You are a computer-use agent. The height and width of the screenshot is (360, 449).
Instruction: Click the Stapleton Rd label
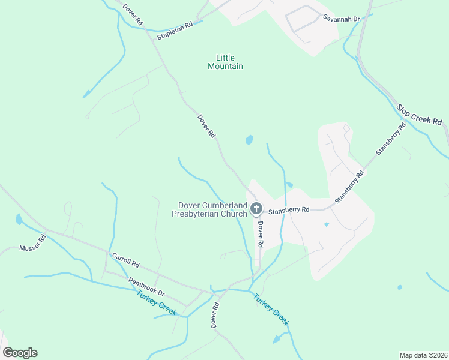pyautogui.click(x=175, y=31)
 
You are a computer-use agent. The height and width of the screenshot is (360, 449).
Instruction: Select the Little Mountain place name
pyautogui.click(x=225, y=62)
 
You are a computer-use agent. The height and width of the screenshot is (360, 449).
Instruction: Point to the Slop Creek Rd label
pyautogui.click(x=419, y=114)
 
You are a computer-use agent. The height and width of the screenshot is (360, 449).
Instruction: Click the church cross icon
pyautogui.click(x=256, y=209)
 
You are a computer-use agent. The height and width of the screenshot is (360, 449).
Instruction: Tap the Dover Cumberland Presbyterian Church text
pyautogui.click(x=209, y=209)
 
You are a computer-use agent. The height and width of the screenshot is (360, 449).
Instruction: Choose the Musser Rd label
pyautogui.click(x=32, y=243)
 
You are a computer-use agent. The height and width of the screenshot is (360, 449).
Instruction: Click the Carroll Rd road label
pyautogui.click(x=125, y=260)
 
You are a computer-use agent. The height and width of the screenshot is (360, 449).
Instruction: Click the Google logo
pyautogui.click(x=20, y=352)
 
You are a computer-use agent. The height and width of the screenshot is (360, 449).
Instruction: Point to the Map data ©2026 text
pyautogui.click(x=423, y=355)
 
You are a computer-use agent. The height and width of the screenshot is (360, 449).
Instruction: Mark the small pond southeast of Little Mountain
pyautogui.click(x=249, y=140)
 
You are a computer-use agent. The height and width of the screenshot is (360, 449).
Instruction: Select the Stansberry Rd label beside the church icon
pyautogui.click(x=289, y=210)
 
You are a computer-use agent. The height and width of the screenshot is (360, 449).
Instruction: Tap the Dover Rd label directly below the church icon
pyautogui.click(x=261, y=235)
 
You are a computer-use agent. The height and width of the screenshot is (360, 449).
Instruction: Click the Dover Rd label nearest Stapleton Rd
pyautogui.click(x=133, y=14)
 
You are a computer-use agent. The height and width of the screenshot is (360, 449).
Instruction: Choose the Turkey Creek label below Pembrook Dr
pyautogui.click(x=157, y=303)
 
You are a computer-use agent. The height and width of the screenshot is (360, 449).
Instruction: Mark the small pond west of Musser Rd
pyautogui.click(x=19, y=220)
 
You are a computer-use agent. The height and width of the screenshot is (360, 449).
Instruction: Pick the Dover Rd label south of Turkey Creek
pyautogui.click(x=214, y=314)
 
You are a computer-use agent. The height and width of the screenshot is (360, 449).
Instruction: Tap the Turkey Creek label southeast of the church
pyautogui.click(x=271, y=309)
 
